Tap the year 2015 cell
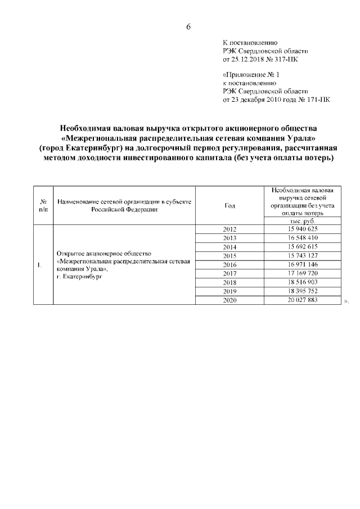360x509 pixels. (x=229, y=256)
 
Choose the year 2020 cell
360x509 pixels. (x=229, y=300)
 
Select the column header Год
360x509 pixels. (x=229, y=205)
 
